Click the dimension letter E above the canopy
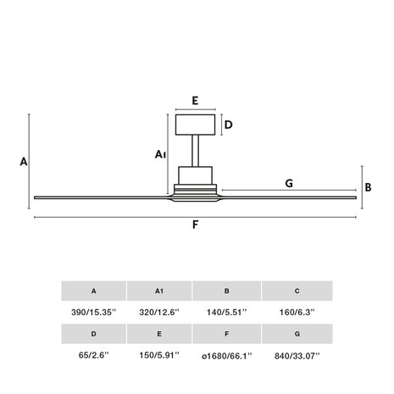195,101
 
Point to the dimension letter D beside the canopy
228,125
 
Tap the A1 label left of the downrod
160,154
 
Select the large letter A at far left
24,162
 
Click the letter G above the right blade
289,183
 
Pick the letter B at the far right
368,187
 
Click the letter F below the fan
195,225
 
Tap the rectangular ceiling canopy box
195,125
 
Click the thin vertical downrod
195,151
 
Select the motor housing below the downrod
195,175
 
